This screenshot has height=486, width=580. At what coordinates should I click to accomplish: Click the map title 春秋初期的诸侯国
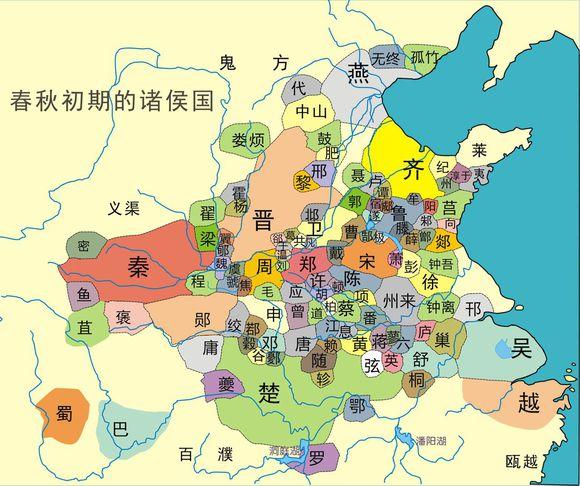(x=112, y=102)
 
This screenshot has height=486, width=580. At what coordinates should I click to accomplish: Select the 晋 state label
(x=265, y=220)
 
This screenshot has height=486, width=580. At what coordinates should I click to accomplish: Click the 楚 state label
(x=268, y=391)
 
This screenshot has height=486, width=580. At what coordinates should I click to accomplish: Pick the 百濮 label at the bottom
(x=204, y=455)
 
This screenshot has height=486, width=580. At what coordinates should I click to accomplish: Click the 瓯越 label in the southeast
(x=521, y=461)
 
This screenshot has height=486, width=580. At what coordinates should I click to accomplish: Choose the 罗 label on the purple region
(x=316, y=460)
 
